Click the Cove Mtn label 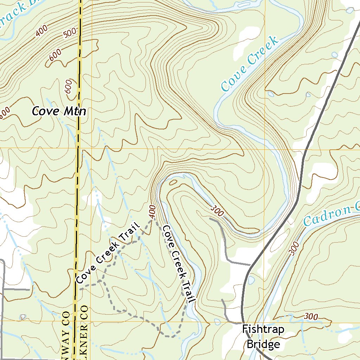[59, 111]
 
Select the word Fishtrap [263, 329]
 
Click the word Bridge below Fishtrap [263, 344]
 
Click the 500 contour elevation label [70, 34]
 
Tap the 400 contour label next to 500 [41, 32]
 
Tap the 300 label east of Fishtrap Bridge [311, 317]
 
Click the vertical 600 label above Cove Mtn [69, 86]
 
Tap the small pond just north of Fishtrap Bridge [251, 280]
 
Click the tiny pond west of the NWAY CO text [23, 317]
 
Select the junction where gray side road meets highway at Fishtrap [242, 322]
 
